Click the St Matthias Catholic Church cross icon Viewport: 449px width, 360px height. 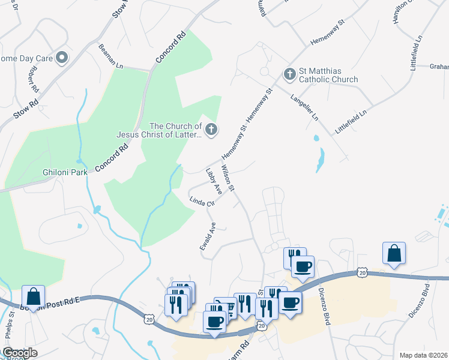[289, 75]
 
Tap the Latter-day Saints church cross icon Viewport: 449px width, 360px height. [211, 129]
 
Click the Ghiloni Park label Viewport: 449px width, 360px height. [65, 172]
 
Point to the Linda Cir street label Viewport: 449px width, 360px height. [202, 202]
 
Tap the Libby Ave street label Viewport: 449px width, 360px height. [214, 181]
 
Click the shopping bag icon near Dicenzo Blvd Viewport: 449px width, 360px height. [394, 254]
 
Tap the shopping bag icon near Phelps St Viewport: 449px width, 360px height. [33, 297]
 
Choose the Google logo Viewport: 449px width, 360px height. [20, 353]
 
